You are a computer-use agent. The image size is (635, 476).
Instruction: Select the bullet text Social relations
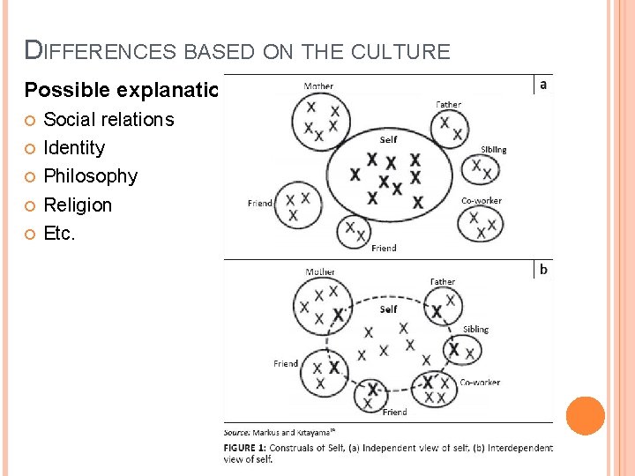108,120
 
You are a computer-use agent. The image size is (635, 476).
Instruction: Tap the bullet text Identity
74,148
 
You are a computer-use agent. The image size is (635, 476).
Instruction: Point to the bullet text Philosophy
90,176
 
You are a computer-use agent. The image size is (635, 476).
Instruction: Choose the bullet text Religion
78,205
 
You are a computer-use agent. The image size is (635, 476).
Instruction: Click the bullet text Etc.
60,234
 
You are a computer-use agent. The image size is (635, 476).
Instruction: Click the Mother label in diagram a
318,86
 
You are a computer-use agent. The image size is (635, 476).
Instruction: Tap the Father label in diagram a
448,104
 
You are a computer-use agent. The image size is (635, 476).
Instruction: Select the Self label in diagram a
388,139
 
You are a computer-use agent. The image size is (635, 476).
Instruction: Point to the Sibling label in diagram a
493,150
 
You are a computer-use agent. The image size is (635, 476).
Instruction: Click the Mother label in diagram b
319,272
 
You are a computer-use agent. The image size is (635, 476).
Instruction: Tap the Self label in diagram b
388,309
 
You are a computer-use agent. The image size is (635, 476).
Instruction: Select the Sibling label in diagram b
475,330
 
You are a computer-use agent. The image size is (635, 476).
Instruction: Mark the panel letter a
542,85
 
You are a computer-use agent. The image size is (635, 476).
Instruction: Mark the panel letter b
542,270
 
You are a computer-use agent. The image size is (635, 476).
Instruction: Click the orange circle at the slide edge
586,416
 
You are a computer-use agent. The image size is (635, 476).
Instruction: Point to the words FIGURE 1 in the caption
246,448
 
